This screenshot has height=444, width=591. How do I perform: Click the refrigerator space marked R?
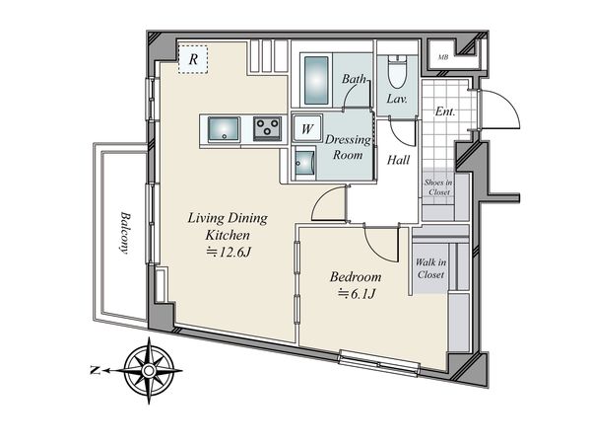click(x=193, y=59)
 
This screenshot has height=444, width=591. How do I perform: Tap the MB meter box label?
click(x=443, y=58)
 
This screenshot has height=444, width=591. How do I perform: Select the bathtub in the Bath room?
click(x=316, y=80)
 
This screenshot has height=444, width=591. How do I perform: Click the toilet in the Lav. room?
click(x=397, y=72)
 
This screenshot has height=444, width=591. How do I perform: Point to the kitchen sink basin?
click(x=224, y=128)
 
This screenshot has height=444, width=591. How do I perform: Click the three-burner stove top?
click(x=267, y=128)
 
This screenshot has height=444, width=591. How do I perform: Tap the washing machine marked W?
click(x=307, y=128)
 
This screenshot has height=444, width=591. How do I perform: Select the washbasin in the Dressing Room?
click(x=304, y=163)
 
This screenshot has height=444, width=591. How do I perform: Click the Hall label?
click(x=398, y=160)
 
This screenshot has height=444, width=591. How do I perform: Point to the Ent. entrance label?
click(x=445, y=111)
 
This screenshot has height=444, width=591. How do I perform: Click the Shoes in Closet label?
click(x=438, y=186)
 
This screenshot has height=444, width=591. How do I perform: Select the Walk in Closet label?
click(x=430, y=268)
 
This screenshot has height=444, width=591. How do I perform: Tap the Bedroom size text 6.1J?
click(x=357, y=294)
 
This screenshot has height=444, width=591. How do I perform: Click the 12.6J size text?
click(x=229, y=252)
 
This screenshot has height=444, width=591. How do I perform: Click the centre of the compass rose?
click(x=149, y=371)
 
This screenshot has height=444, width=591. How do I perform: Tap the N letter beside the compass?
click(x=96, y=370)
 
